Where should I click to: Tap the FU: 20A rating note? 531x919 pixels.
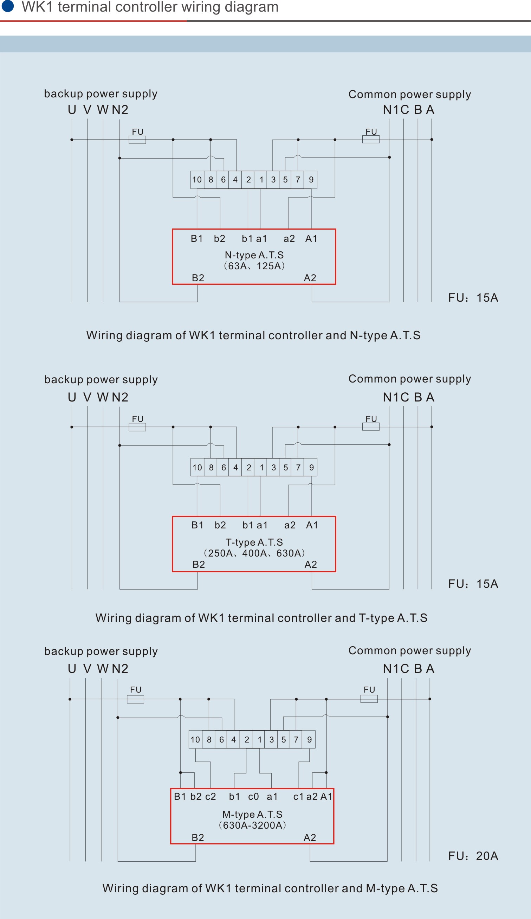tap(473, 856)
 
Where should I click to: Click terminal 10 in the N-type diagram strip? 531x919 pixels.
tap(197, 180)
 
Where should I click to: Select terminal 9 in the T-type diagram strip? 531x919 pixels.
tap(311, 468)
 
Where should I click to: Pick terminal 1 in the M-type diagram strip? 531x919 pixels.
tap(259, 740)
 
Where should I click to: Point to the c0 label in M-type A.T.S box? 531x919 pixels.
tap(253, 796)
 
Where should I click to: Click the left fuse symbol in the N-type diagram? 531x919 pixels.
tap(137, 140)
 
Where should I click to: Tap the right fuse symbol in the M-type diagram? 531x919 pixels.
tap(369, 699)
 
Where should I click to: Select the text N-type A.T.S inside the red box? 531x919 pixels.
tap(254, 255)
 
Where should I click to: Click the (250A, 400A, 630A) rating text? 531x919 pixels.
tap(254, 553)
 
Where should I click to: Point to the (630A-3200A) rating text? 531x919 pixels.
tap(252, 825)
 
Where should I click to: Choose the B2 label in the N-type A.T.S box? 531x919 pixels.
tap(198, 278)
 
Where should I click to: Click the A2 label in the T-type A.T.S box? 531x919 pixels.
tap(311, 565)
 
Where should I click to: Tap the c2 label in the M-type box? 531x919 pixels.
tap(211, 796)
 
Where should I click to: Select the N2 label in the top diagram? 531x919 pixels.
tap(120, 110)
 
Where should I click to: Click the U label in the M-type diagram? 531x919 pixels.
tap(72, 668)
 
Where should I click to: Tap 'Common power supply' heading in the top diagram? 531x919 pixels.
tap(410, 95)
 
